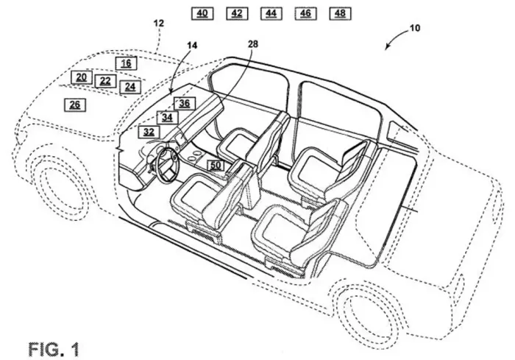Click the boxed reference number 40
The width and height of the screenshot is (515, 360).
pos(202,13)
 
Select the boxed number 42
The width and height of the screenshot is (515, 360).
pos(237,13)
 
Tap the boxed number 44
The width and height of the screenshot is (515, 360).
pos(271,13)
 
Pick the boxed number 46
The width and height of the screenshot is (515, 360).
pos(305,13)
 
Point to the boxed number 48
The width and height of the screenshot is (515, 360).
pos(340,13)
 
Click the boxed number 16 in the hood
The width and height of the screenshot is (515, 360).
pos(126,63)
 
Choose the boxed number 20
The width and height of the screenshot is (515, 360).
pos(82,77)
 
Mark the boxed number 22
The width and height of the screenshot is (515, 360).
pos(105,81)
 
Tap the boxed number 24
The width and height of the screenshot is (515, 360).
pos(130,87)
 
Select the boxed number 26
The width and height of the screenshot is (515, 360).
pos(75,105)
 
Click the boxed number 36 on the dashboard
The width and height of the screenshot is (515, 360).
pos(185,103)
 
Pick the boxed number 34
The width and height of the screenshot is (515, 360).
pos(167,117)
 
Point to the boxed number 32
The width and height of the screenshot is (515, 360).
pos(149,132)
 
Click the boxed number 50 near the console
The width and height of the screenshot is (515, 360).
pos(216,166)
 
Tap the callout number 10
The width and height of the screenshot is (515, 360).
pos(415,28)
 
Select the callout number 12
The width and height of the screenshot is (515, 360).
pos(159,24)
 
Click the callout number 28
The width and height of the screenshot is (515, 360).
pos(252,43)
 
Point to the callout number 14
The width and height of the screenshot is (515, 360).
pos(192,46)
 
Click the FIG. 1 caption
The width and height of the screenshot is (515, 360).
pos(54,349)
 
